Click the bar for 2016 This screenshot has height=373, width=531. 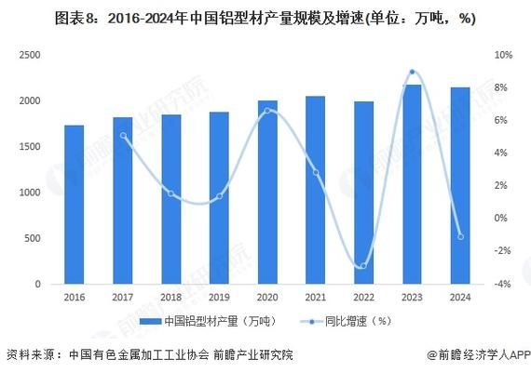[74, 205]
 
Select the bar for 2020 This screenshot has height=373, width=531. [266, 192]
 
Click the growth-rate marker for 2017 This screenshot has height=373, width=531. [123, 136]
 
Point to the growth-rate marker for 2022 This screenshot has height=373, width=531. [363, 266]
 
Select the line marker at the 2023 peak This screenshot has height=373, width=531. [412, 72]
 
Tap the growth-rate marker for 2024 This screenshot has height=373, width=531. [460, 236]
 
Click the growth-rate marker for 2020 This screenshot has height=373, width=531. [267, 111]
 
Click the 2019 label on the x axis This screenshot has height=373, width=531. [219, 298]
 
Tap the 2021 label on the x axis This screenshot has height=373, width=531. [315, 298]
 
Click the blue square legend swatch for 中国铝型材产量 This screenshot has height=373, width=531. [144, 322]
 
